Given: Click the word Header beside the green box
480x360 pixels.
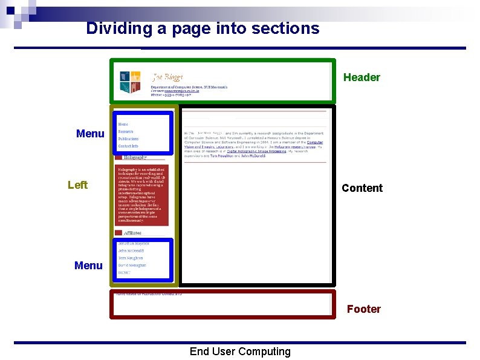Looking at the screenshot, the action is coord(362,77).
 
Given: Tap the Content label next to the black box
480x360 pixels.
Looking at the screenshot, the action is coord(362,188).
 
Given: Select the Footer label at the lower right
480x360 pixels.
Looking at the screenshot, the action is coord(363,309).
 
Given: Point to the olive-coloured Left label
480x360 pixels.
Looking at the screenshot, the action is coord(77,185).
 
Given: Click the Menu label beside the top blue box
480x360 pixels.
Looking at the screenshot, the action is coord(90,134).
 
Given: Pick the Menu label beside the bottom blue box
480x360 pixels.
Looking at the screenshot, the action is coord(88,266).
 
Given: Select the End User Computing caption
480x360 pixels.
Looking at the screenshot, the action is coord(240,352).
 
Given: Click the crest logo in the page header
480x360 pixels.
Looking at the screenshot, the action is coord(130,82).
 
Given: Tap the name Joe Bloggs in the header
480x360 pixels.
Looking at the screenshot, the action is coord(167,77).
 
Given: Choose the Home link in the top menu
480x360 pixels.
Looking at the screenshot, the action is coord(123,124).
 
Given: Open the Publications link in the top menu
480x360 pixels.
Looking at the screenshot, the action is coord(129,139).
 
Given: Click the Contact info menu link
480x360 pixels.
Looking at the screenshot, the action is coord(128,146).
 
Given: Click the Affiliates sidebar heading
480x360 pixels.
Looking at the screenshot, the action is coord(132,232).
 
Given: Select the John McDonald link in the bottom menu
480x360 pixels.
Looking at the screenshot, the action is coord(131,250).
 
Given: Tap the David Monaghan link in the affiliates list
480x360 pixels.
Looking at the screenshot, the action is coord(132,265).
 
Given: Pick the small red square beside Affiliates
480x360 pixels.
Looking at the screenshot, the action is coord(118,232).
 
